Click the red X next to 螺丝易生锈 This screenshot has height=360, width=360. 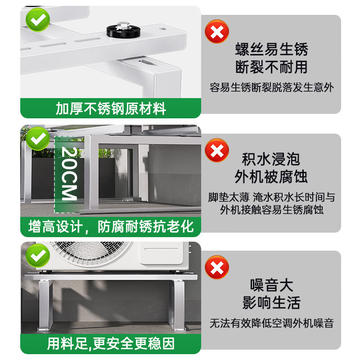(x=216, y=31)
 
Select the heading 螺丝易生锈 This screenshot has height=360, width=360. (x=271, y=49)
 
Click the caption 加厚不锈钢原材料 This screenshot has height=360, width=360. (x=111, y=108)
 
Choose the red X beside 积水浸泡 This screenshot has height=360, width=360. (x=216, y=150)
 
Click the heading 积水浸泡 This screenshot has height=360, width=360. (x=271, y=159)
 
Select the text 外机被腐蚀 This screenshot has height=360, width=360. (x=271, y=176)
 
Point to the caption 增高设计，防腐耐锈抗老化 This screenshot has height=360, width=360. (x=111, y=226)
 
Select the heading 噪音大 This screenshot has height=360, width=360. (x=271, y=285)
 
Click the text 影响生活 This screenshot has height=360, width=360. (x=271, y=302)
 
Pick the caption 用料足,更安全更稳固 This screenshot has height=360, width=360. (x=111, y=344)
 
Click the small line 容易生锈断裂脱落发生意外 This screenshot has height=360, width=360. (x=271, y=87)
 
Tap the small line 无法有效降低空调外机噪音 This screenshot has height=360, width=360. (x=271, y=323)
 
